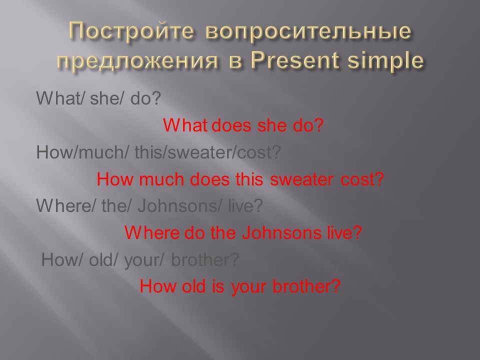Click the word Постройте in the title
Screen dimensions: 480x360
coord(131,31)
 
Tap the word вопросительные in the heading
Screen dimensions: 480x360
coord(308,32)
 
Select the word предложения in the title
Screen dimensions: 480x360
coord(137,60)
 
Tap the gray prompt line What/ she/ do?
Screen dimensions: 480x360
coord(98,98)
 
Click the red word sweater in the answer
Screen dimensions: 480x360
coord(301,179)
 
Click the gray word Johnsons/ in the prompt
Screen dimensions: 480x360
coord(179,205)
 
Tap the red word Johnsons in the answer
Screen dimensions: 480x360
coord(281,232)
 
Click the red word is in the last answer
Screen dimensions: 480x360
coord(217,286)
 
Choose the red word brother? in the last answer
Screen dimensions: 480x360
coord(306,286)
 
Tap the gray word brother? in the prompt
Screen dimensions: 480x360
coord(205,259)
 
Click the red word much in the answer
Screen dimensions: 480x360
coord(161,179)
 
